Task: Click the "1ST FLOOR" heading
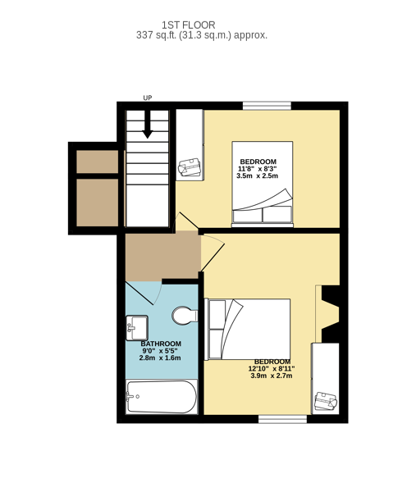(189, 25)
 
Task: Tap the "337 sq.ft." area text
(157, 35)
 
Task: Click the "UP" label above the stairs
(148, 98)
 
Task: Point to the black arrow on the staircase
(147, 125)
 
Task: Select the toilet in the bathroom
(185, 316)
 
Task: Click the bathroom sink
(137, 328)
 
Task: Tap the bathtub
(162, 397)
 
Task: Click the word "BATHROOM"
(161, 344)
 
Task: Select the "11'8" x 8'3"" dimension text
(257, 169)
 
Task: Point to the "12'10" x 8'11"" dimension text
(272, 369)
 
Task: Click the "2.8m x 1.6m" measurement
(160, 358)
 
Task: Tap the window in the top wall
(267, 106)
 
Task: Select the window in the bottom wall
(282, 419)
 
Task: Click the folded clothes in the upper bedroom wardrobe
(190, 167)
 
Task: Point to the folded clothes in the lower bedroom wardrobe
(326, 401)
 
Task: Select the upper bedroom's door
(185, 222)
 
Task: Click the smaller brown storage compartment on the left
(98, 162)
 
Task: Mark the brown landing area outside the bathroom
(163, 257)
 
